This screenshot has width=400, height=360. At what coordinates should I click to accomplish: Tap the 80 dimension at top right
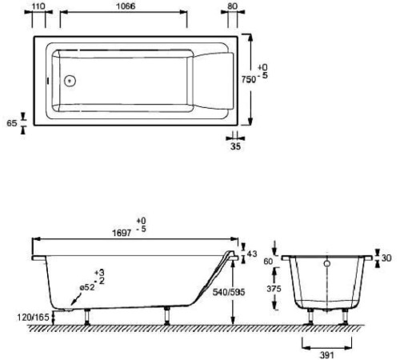tap(232, 7)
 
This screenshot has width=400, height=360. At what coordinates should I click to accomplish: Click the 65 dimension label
tap(10, 123)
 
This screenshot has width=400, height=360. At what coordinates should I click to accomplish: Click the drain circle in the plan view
tap(70, 80)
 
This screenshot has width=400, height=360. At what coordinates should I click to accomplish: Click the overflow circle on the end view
tap(327, 262)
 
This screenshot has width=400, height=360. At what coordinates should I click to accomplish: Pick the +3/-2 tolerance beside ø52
tap(99, 276)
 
